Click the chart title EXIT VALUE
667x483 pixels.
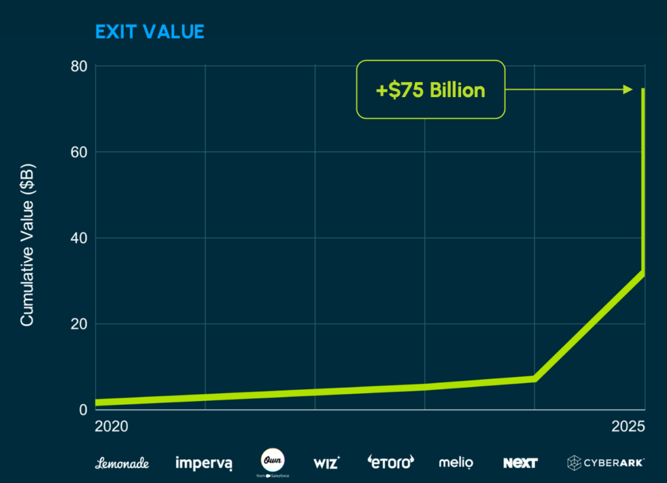click(150, 31)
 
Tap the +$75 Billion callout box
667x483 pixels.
click(431, 89)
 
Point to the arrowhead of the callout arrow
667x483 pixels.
click(629, 89)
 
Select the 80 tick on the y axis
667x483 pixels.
click(79, 66)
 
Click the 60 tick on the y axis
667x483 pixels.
click(79, 152)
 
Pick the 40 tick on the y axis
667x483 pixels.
click(79, 238)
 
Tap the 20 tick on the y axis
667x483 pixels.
click(79, 324)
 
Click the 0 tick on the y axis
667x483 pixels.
click(83, 409)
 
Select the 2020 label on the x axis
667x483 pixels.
click(111, 427)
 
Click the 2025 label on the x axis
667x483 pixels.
click(628, 427)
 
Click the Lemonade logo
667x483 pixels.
click(122, 463)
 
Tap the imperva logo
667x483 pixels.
click(204, 463)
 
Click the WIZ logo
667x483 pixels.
click(326, 463)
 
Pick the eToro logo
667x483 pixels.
click(391, 463)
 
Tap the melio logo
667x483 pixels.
click(456, 463)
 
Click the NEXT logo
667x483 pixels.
click(520, 463)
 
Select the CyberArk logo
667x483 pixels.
click(606, 463)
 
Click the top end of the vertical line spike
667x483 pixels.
click(644, 89)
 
